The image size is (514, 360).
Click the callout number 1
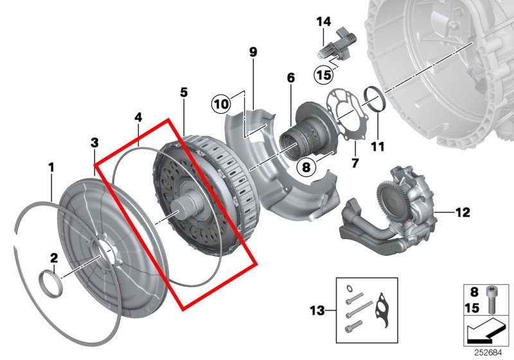pyautogui.click(x=51, y=168)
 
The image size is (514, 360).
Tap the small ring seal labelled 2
pyautogui.click(x=50, y=283)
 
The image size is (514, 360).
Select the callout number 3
pyautogui.click(x=94, y=143)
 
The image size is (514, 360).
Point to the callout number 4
pyautogui.click(x=138, y=118)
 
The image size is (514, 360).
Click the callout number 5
pyautogui.click(x=184, y=93)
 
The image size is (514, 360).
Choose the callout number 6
pyautogui.click(x=290, y=78)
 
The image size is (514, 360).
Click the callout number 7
pyautogui.click(x=355, y=163)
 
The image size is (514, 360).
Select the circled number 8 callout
pyautogui.click(x=306, y=168)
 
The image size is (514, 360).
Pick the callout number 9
pyautogui.click(x=253, y=52)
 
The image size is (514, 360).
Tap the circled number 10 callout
pyautogui.click(x=221, y=104)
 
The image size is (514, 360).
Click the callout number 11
pyautogui.click(x=377, y=146)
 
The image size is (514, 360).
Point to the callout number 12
pyautogui.click(x=463, y=212)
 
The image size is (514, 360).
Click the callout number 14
pyautogui.click(x=324, y=22)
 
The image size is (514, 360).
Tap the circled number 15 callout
pyautogui.click(x=324, y=75)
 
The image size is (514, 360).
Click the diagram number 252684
pyautogui.click(x=488, y=353)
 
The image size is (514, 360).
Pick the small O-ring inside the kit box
pyautogui.click(x=350, y=288)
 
